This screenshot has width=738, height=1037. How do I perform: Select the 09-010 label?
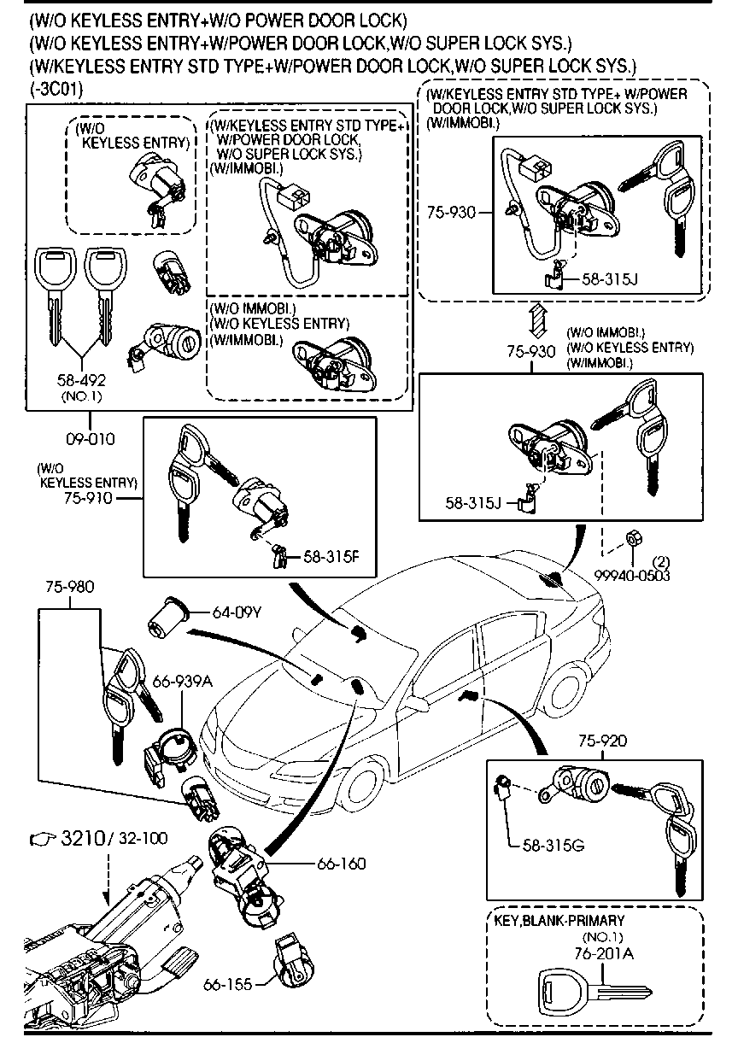point(90,439)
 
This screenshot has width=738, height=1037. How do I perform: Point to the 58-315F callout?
point(332,557)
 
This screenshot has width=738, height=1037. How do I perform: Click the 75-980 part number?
point(69,587)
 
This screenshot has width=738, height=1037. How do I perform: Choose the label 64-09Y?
point(235,612)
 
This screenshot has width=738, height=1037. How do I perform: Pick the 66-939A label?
point(182,680)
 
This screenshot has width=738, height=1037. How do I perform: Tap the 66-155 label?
point(227,985)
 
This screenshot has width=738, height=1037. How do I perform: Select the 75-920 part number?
point(602,741)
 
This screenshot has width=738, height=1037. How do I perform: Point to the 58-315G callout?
point(553,846)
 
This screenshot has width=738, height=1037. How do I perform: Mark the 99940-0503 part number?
point(633,575)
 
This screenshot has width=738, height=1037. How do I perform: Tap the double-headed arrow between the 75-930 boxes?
point(534,322)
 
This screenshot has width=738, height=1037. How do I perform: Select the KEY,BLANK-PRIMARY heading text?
point(559,920)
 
